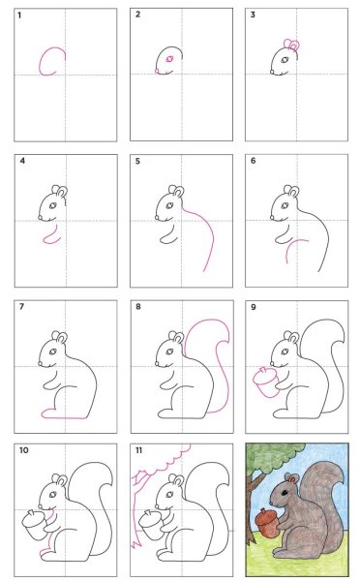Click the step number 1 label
coord(20,15)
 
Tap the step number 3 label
coord(253,15)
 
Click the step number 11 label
coord(138,451)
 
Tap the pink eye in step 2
coord(169,59)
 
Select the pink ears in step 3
coord(290,45)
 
